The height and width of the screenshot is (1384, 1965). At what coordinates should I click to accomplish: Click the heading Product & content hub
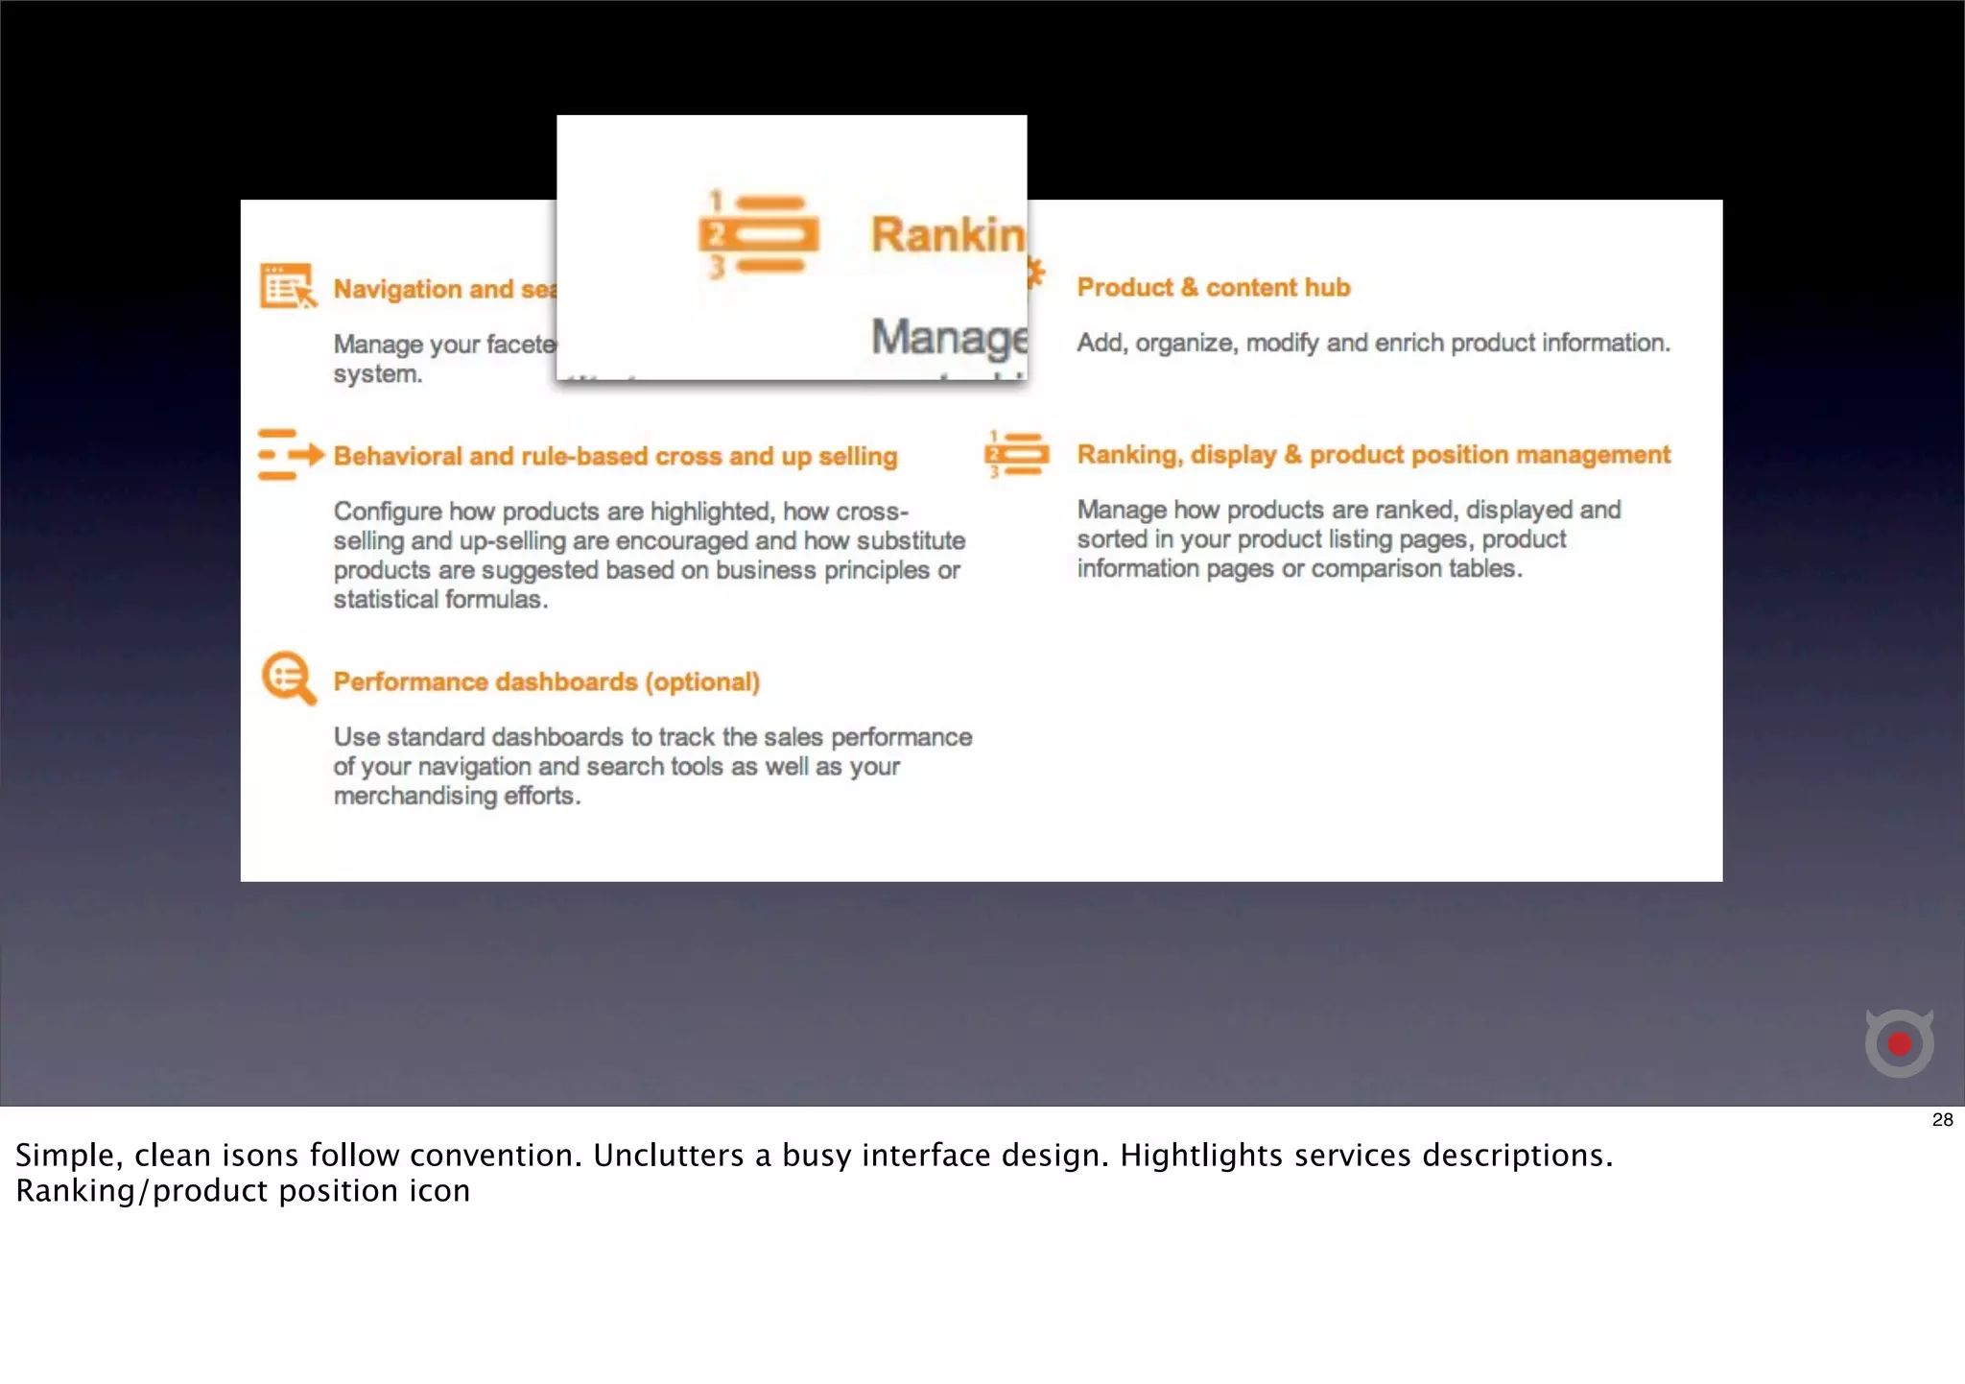point(1213,287)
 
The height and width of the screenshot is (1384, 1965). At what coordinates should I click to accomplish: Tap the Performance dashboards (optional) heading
point(546,681)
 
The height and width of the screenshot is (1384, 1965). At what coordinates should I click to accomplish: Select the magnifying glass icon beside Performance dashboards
point(288,678)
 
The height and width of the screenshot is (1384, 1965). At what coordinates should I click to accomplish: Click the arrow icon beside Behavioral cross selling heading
point(291,454)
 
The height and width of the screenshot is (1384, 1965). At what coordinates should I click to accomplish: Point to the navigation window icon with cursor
point(287,286)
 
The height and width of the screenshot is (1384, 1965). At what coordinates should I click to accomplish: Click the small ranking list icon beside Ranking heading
point(1017,454)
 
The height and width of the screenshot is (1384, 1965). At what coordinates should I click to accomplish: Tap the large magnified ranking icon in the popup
point(759,234)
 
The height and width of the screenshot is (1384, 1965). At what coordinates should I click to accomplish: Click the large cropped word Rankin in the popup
point(947,234)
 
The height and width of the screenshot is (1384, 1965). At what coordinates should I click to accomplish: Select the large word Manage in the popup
point(948,338)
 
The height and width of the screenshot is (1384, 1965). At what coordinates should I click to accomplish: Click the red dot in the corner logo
point(1899,1043)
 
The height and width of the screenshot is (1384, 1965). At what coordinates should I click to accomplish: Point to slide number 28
point(1942,1119)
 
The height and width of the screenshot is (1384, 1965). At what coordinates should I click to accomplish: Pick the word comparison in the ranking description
point(1376,568)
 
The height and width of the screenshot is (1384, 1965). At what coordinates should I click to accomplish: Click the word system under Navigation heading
point(377,373)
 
